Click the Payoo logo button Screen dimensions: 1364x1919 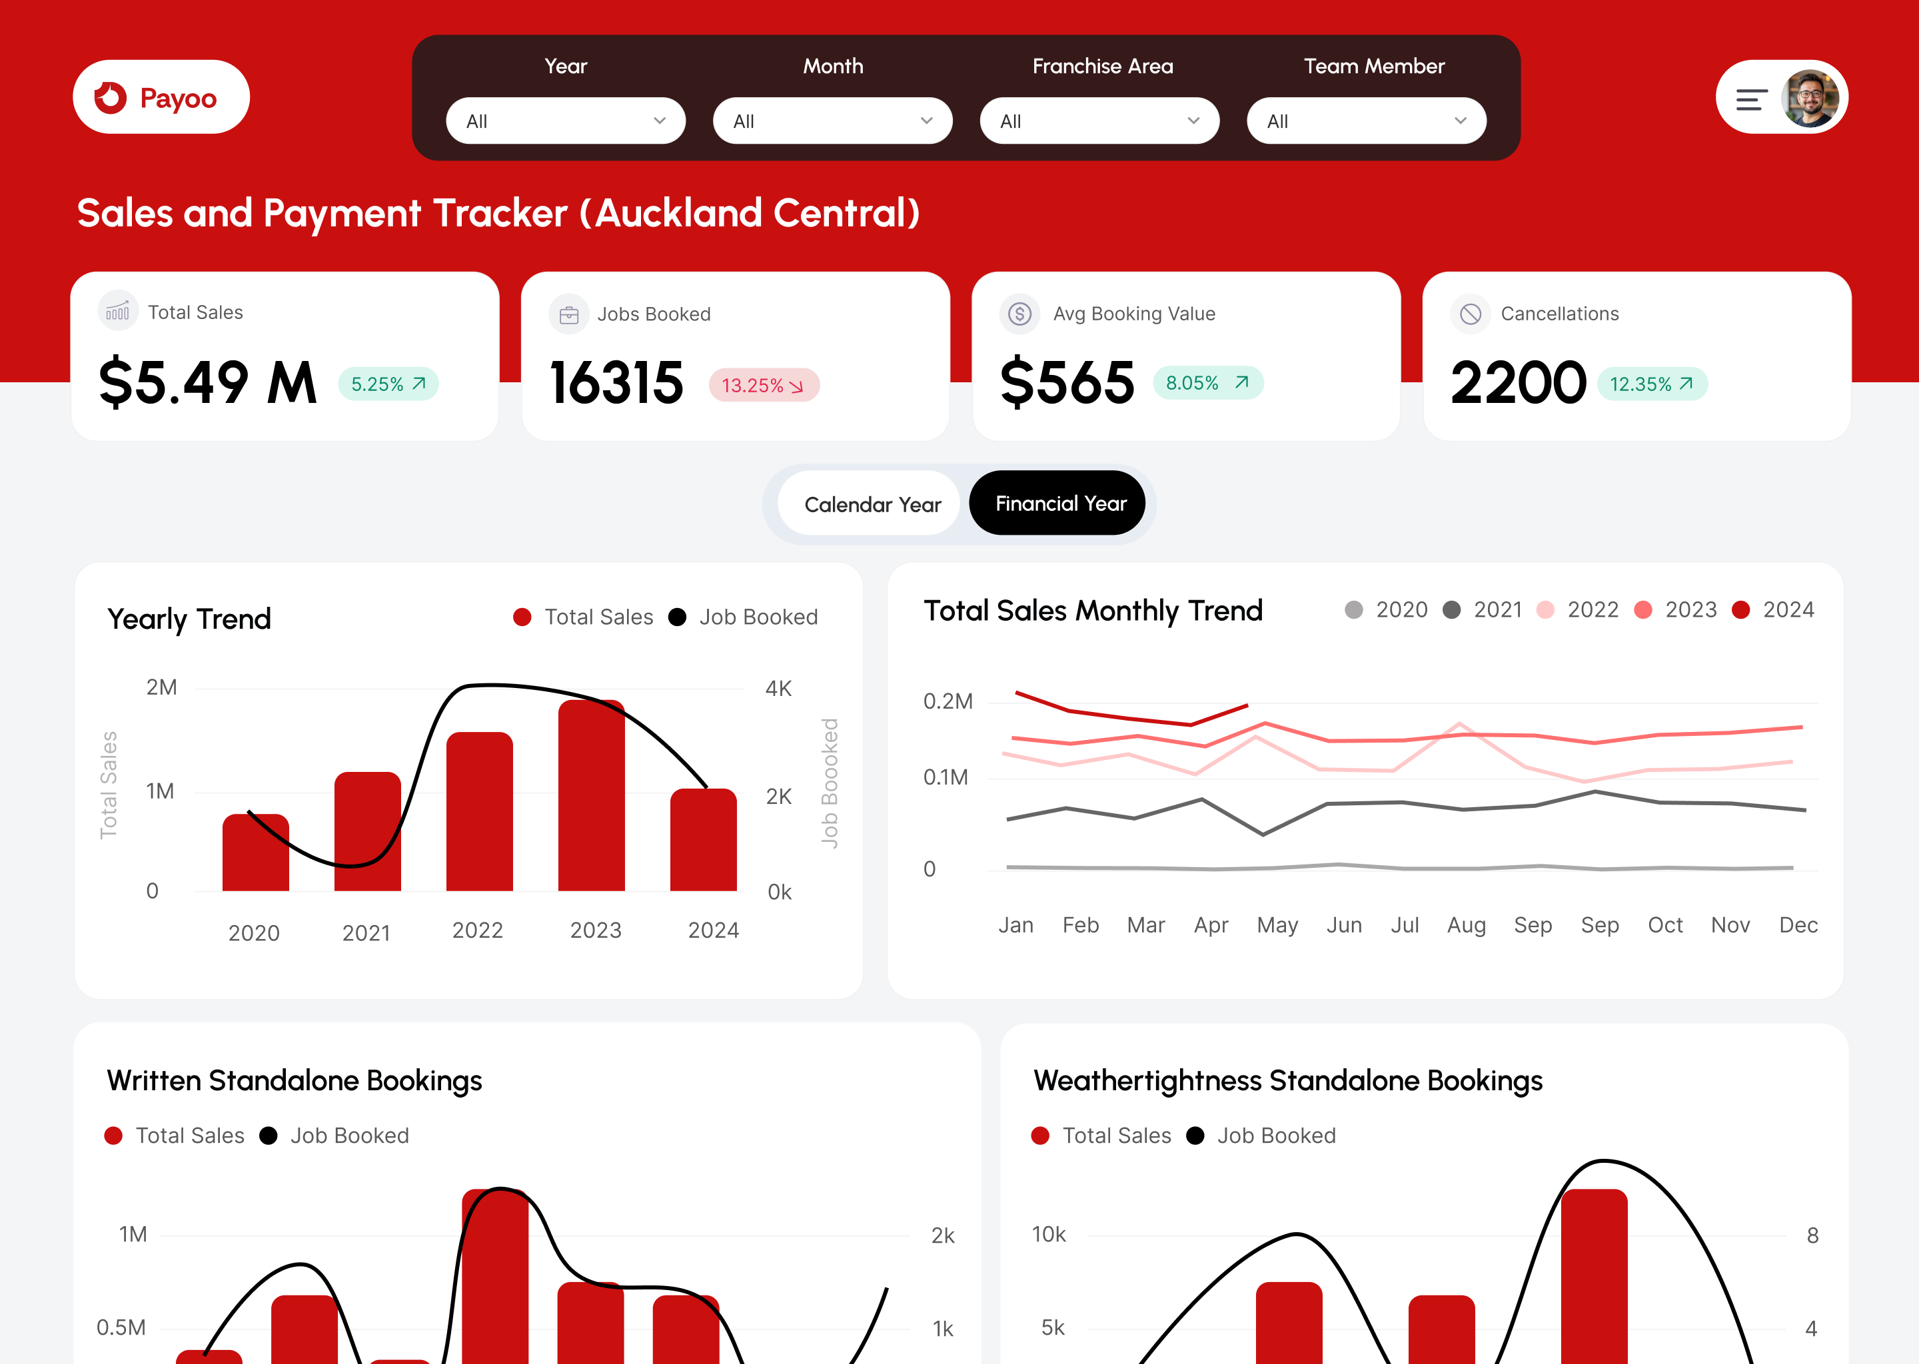[161, 97]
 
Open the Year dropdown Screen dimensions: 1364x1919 [566, 121]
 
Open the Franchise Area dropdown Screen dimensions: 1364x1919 [1099, 121]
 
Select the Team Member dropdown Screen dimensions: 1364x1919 [1366, 121]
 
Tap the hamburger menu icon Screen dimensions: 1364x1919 [1751, 100]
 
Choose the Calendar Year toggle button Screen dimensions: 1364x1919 [872, 504]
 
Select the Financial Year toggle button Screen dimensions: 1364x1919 [1060, 503]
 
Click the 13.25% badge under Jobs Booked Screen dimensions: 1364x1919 [763, 386]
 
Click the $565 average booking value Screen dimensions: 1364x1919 [1067, 383]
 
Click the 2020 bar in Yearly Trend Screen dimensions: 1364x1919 [255, 852]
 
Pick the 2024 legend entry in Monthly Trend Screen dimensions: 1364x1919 [1774, 610]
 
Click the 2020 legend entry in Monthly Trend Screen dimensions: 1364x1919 [1387, 610]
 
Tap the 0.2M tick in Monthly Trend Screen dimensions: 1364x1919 [948, 701]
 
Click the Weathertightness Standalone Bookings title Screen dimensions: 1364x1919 [1287, 1080]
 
